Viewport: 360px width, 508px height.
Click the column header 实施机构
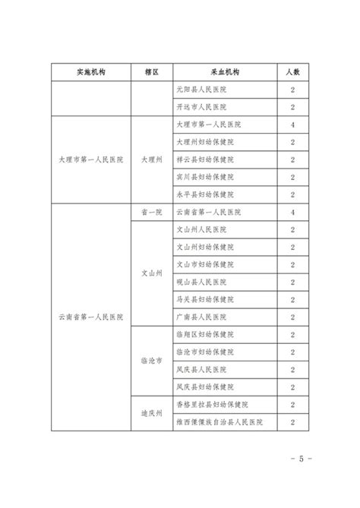coord(90,72)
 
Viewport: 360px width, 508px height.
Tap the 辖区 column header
coord(152,72)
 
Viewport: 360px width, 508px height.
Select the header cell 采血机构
coord(223,72)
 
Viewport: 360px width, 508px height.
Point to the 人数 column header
coord(292,72)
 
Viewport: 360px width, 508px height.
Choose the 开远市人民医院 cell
coord(201,107)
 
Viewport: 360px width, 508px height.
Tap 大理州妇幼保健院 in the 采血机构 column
coord(204,142)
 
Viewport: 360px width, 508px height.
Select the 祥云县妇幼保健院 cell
coord(204,159)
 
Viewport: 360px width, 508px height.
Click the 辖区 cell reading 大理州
coord(152,159)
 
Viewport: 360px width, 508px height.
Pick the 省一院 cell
coord(152,212)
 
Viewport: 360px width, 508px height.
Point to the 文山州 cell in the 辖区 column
coord(152,273)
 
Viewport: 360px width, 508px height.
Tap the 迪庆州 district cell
coord(152,413)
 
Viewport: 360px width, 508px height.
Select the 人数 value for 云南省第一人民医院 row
coord(292,212)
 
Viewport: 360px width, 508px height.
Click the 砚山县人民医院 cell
coord(201,282)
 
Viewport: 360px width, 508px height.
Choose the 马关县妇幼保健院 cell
coord(204,299)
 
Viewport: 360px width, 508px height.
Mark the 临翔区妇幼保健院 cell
coord(204,334)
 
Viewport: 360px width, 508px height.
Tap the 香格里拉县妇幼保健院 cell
coord(212,405)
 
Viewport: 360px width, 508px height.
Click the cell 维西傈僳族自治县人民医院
coord(219,421)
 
